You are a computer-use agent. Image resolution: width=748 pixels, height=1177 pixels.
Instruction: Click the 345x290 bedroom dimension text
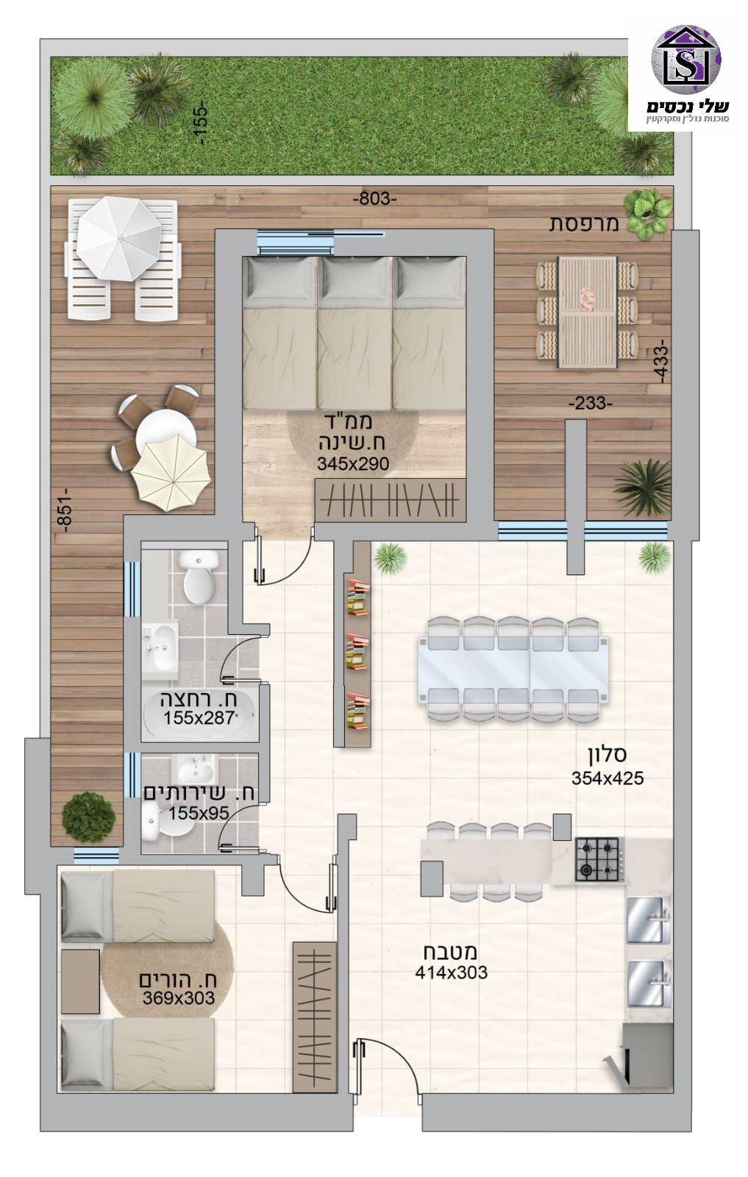353,463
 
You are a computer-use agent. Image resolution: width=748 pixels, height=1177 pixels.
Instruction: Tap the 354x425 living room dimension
608,778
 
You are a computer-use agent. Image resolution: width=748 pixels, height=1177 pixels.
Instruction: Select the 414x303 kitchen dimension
451,972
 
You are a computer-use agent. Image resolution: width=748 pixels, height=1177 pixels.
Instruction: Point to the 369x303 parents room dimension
179,998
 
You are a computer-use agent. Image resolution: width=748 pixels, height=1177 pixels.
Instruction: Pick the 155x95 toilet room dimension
199,813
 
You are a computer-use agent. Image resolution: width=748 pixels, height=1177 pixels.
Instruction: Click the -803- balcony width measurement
375,199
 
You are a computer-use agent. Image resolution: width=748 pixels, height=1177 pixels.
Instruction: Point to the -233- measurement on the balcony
591,404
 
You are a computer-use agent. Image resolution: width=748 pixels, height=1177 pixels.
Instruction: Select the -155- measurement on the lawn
202,124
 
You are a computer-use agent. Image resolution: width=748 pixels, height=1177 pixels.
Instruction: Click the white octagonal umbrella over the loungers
118,239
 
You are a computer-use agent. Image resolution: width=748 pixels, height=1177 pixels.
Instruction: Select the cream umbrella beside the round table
171,475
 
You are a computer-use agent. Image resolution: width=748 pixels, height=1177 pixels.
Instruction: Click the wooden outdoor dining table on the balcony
587,312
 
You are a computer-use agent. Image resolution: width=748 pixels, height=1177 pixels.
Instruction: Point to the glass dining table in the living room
513,669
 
